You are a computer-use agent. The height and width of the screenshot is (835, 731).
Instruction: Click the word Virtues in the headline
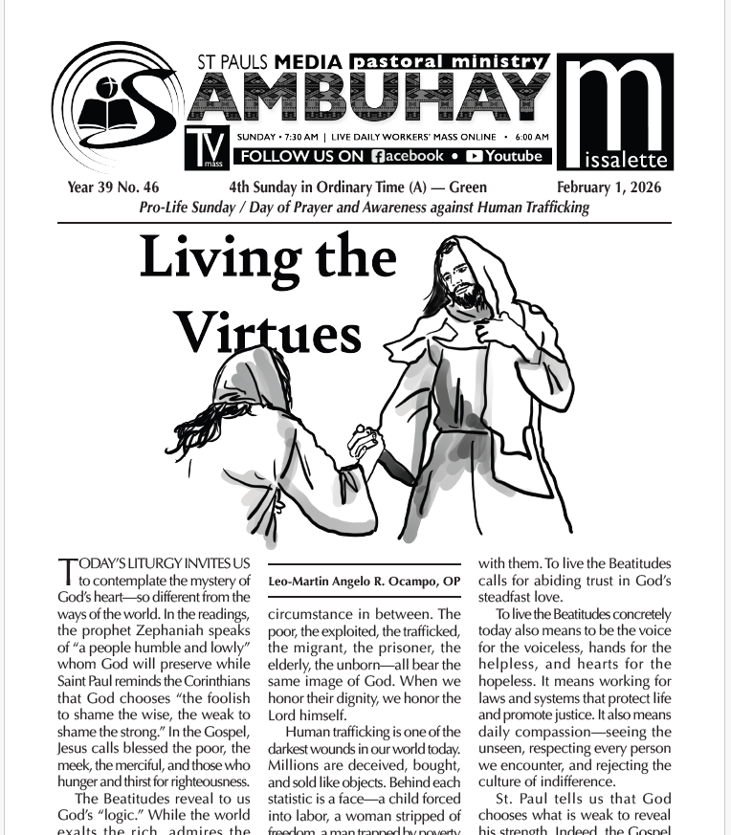[268, 334]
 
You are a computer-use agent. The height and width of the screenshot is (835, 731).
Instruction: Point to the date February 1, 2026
[609, 187]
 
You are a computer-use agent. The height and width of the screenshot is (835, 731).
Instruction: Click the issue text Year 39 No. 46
[113, 187]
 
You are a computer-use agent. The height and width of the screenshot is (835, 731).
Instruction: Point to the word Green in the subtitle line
[468, 187]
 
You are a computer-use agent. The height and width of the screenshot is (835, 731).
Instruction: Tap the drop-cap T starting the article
[66, 571]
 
